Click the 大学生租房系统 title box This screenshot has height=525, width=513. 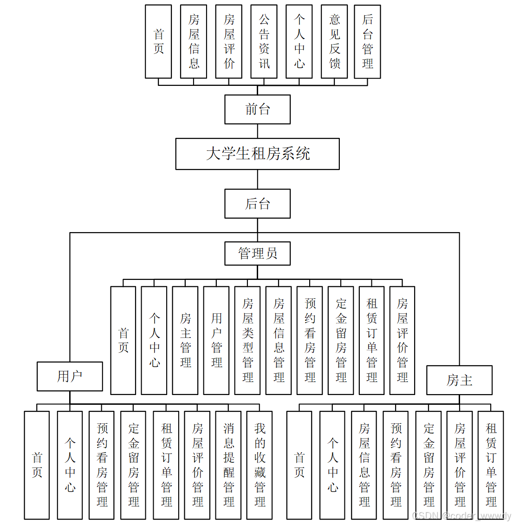[257, 154]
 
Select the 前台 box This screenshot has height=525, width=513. [257, 110]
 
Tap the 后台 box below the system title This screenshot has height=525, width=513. [257, 203]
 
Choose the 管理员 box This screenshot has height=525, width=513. [257, 253]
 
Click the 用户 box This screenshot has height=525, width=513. [70, 376]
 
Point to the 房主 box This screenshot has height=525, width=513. [459, 380]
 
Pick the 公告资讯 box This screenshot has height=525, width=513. [264, 42]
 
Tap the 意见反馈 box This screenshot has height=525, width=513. [334, 42]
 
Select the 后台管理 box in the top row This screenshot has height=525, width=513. [367, 42]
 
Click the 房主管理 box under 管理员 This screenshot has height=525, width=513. [185, 340]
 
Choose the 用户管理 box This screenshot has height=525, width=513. [216, 340]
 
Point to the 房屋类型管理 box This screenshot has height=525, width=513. [247, 340]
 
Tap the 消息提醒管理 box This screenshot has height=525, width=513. [228, 465]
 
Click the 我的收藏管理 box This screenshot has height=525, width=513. [260, 465]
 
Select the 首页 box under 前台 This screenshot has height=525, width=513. [158, 42]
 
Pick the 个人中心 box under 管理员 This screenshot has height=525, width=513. [154, 340]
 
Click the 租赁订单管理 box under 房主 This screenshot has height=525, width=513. [491, 465]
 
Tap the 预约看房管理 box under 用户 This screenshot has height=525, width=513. [102, 465]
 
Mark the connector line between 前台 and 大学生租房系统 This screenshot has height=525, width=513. [258, 131]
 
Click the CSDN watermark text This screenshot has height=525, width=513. [461, 516]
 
